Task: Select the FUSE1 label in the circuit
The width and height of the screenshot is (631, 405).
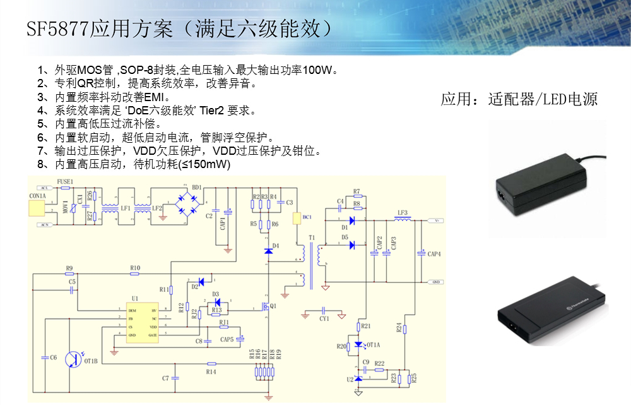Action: click(x=65, y=182)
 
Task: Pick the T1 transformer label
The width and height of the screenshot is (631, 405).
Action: click(x=311, y=238)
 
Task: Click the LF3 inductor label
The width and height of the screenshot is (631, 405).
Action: click(x=402, y=212)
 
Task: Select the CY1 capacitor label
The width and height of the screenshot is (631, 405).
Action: click(x=324, y=320)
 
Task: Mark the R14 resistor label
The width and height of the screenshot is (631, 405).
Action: click(x=211, y=372)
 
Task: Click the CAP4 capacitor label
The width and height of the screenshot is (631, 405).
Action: click(x=433, y=254)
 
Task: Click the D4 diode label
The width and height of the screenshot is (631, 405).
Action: click(x=275, y=245)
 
